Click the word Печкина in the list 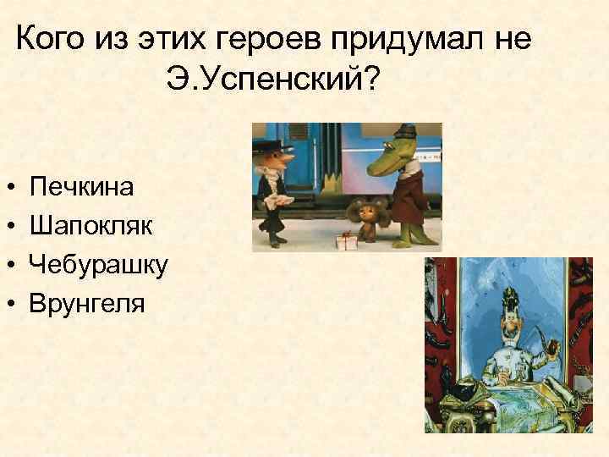81,186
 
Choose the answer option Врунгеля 86,303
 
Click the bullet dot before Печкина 7,187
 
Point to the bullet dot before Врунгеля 7,304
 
